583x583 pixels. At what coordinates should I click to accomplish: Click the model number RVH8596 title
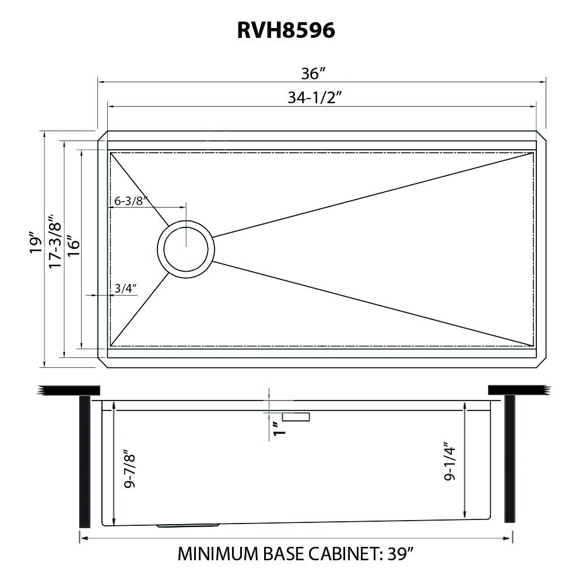(286, 30)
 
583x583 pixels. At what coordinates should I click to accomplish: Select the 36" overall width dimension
(313, 73)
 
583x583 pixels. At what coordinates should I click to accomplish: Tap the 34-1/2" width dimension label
(314, 97)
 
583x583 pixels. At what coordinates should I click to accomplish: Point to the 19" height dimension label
(36, 243)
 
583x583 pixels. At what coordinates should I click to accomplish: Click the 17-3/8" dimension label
(55, 240)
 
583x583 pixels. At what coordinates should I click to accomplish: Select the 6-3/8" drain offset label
(129, 201)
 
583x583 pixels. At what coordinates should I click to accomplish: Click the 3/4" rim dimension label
(125, 288)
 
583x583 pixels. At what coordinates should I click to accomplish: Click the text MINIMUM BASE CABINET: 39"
(297, 553)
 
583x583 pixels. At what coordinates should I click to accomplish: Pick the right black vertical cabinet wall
(509, 458)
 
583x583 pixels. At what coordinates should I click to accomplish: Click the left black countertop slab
(69, 390)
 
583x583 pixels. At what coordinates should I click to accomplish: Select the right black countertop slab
(517, 389)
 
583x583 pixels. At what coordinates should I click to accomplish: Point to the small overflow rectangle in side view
(296, 416)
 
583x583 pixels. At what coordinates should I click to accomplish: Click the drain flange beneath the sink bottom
(188, 525)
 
